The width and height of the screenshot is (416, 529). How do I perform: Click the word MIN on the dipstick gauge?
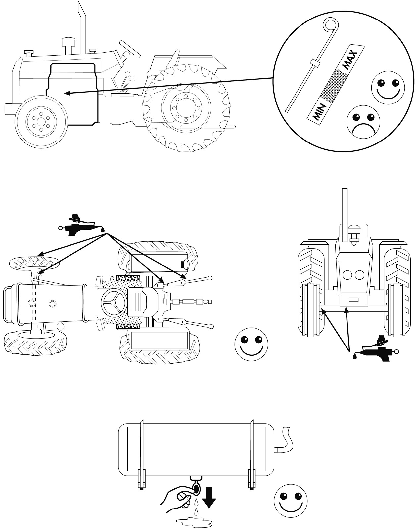pos(316,112)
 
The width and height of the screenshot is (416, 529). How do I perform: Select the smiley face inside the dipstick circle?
pos(389,87)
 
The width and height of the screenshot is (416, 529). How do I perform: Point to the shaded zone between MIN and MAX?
pos(334,84)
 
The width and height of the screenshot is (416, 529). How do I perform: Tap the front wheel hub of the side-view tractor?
pos(41,121)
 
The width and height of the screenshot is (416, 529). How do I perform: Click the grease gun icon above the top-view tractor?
pos(81,225)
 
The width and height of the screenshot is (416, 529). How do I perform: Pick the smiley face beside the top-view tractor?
pos(252,344)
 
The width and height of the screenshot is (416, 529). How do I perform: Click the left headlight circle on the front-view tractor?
pos(347,275)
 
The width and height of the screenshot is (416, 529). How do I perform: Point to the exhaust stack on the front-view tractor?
pos(345,212)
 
